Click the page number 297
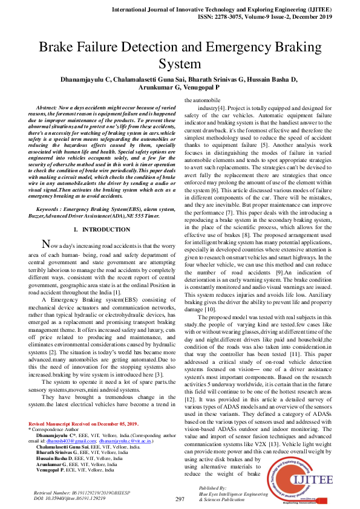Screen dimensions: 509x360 click(180, 499)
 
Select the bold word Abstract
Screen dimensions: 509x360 click(49, 106)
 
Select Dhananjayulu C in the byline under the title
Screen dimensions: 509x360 click(87, 79)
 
